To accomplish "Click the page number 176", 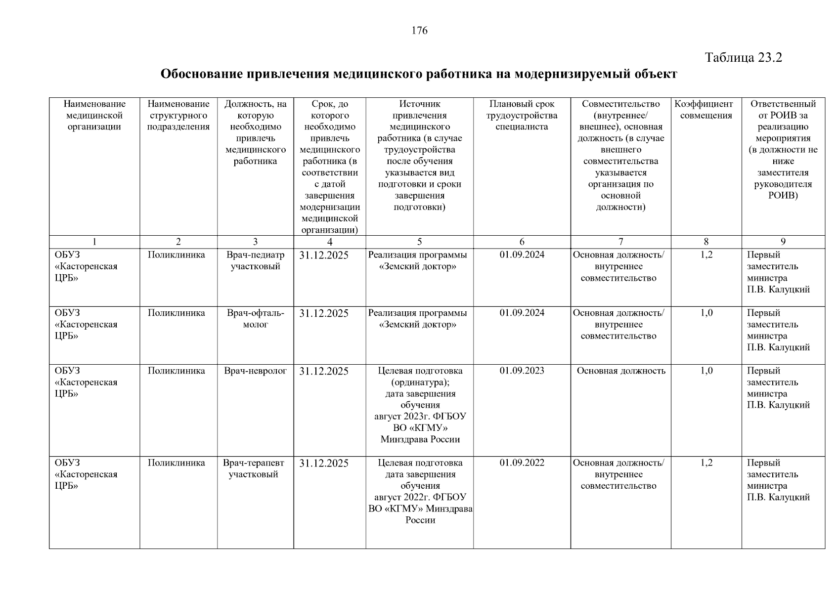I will point(419,31).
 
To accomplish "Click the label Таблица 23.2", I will point(743,57).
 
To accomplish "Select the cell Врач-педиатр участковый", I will point(255,261).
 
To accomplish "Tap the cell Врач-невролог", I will point(255,371).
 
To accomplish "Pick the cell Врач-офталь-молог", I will point(255,319).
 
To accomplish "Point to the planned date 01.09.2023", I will point(522,371).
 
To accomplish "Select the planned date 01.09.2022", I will point(522,463).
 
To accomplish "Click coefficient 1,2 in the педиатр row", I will point(706,255).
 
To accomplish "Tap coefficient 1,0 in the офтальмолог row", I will point(706,313).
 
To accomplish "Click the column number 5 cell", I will point(419,242).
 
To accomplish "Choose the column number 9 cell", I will point(783,242).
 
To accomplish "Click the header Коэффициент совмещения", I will point(706,110).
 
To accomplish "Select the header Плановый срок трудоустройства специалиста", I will point(522,115).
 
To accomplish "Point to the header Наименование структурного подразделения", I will point(178,115).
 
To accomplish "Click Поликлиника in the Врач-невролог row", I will point(177,371).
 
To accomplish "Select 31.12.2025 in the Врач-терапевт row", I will point(324,464).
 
